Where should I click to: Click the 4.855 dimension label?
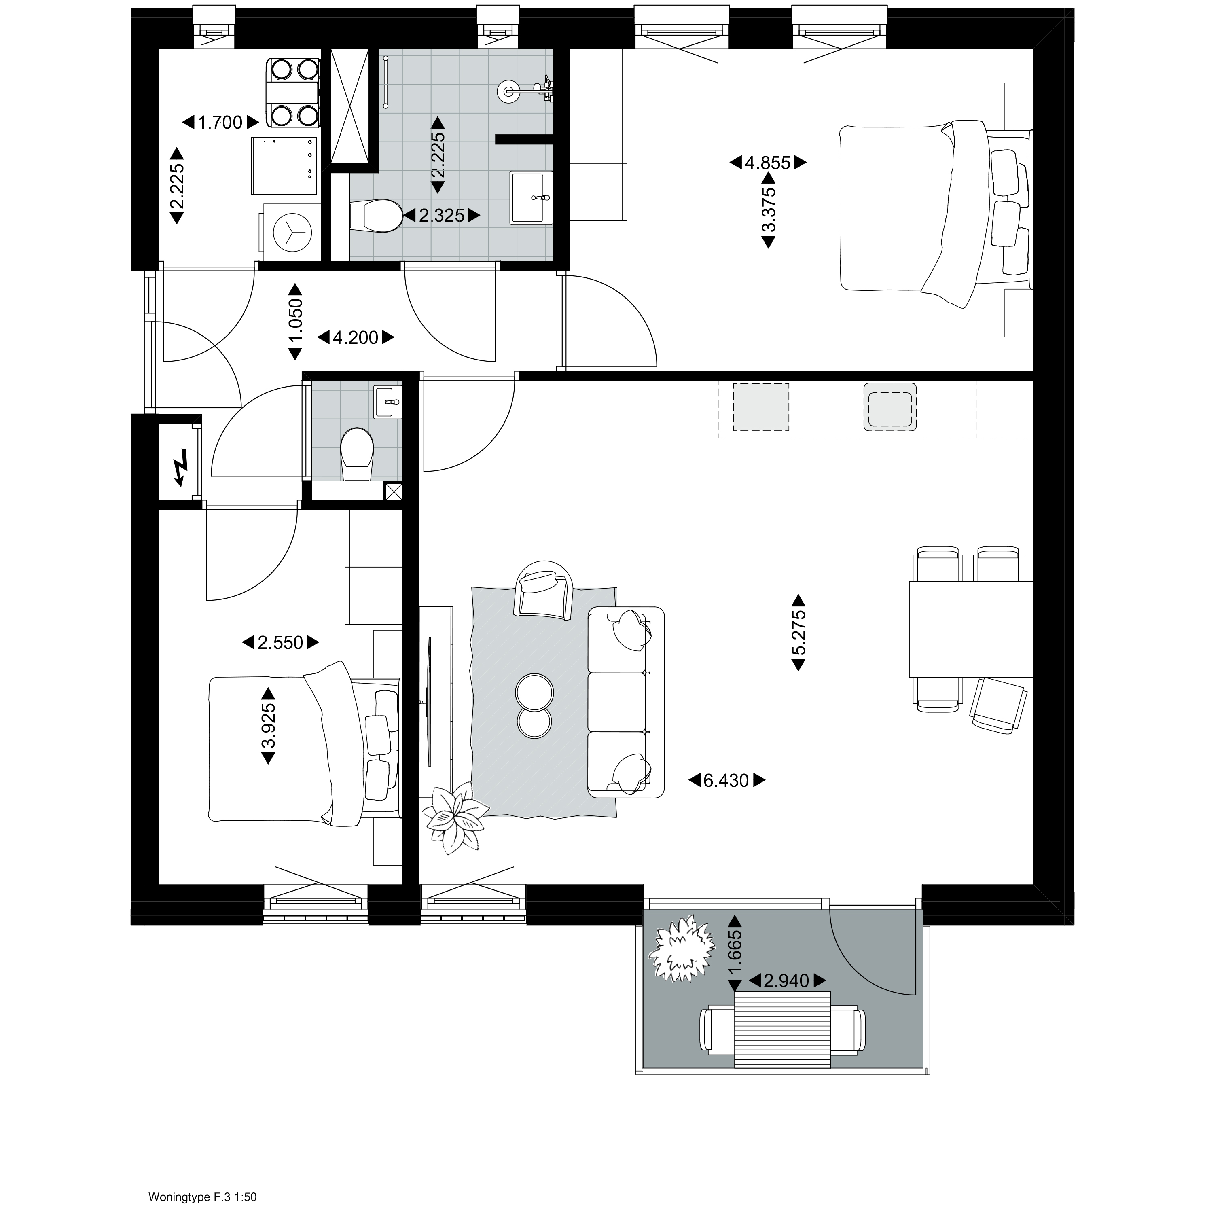click(768, 163)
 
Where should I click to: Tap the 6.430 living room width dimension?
click(726, 780)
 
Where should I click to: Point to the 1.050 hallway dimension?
click(295, 322)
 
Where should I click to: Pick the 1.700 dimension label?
click(220, 122)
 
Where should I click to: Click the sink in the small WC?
click(388, 402)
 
